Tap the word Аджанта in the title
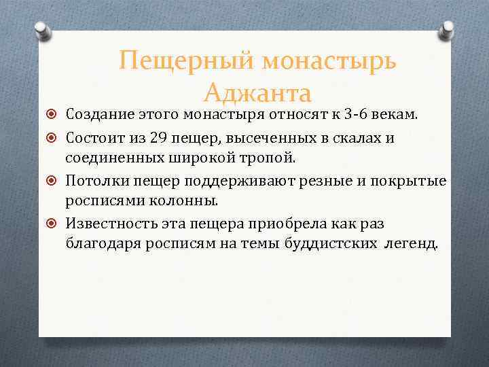click(x=257, y=92)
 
